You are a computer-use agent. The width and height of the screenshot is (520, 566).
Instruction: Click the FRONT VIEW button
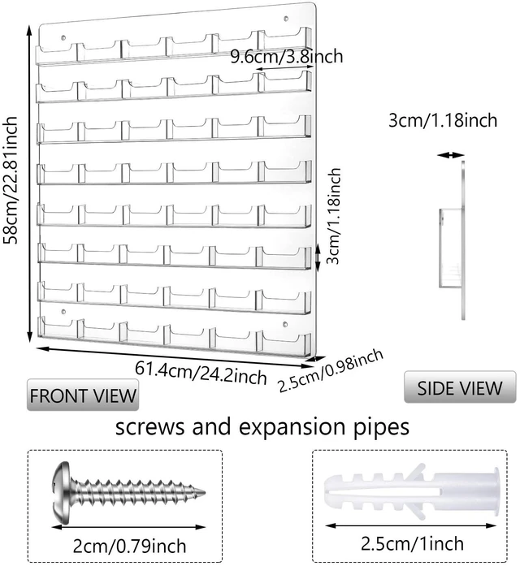point(83,395)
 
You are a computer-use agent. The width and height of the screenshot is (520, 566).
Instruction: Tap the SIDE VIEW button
point(460,387)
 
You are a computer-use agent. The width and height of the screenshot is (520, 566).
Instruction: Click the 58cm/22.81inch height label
point(10,180)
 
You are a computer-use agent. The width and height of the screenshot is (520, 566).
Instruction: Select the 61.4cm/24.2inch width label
point(201,373)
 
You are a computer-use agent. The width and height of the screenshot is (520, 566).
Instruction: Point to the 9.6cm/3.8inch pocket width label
point(287,56)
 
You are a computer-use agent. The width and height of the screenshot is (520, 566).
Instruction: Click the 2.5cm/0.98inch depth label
point(331,370)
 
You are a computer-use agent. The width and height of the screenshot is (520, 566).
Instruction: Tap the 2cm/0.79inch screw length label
point(130,547)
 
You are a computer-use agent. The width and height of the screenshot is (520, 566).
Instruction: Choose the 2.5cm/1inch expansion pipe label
point(412,543)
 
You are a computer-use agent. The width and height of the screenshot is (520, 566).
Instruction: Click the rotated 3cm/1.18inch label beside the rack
point(334,216)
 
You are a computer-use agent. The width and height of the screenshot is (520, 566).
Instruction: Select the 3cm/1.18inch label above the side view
point(443,120)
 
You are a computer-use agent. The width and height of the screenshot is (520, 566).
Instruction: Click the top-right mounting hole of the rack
point(286,19)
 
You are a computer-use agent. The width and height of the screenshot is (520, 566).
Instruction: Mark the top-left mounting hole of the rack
point(63,37)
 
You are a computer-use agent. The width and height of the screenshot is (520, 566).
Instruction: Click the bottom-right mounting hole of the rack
point(285,325)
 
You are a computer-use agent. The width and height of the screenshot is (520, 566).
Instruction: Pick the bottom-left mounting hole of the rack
point(63,311)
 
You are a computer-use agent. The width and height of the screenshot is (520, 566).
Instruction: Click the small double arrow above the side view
point(450,155)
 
